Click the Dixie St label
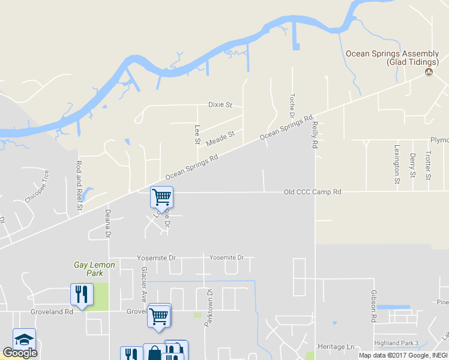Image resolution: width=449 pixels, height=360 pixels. tap(220, 104)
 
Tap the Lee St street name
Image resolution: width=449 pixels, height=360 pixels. tap(197, 134)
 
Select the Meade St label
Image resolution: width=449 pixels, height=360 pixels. tap(220, 139)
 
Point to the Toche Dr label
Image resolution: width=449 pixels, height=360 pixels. tap(292, 106)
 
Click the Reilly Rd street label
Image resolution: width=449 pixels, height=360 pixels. tap(314, 135)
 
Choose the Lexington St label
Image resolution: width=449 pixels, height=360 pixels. tap(397, 164)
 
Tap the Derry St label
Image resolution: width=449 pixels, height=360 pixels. tap(412, 166)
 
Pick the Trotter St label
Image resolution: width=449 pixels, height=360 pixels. tap(428, 165)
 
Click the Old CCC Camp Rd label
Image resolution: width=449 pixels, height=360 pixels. tap(312, 192)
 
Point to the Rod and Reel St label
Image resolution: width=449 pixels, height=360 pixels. tap(79, 185)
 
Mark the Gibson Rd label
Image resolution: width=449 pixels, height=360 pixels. tap(373, 304)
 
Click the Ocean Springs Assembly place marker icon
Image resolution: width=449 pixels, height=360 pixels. tap(429, 72)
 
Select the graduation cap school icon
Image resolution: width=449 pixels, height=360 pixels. tap(24, 339)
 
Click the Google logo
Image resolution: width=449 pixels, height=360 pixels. tap(20, 353)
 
